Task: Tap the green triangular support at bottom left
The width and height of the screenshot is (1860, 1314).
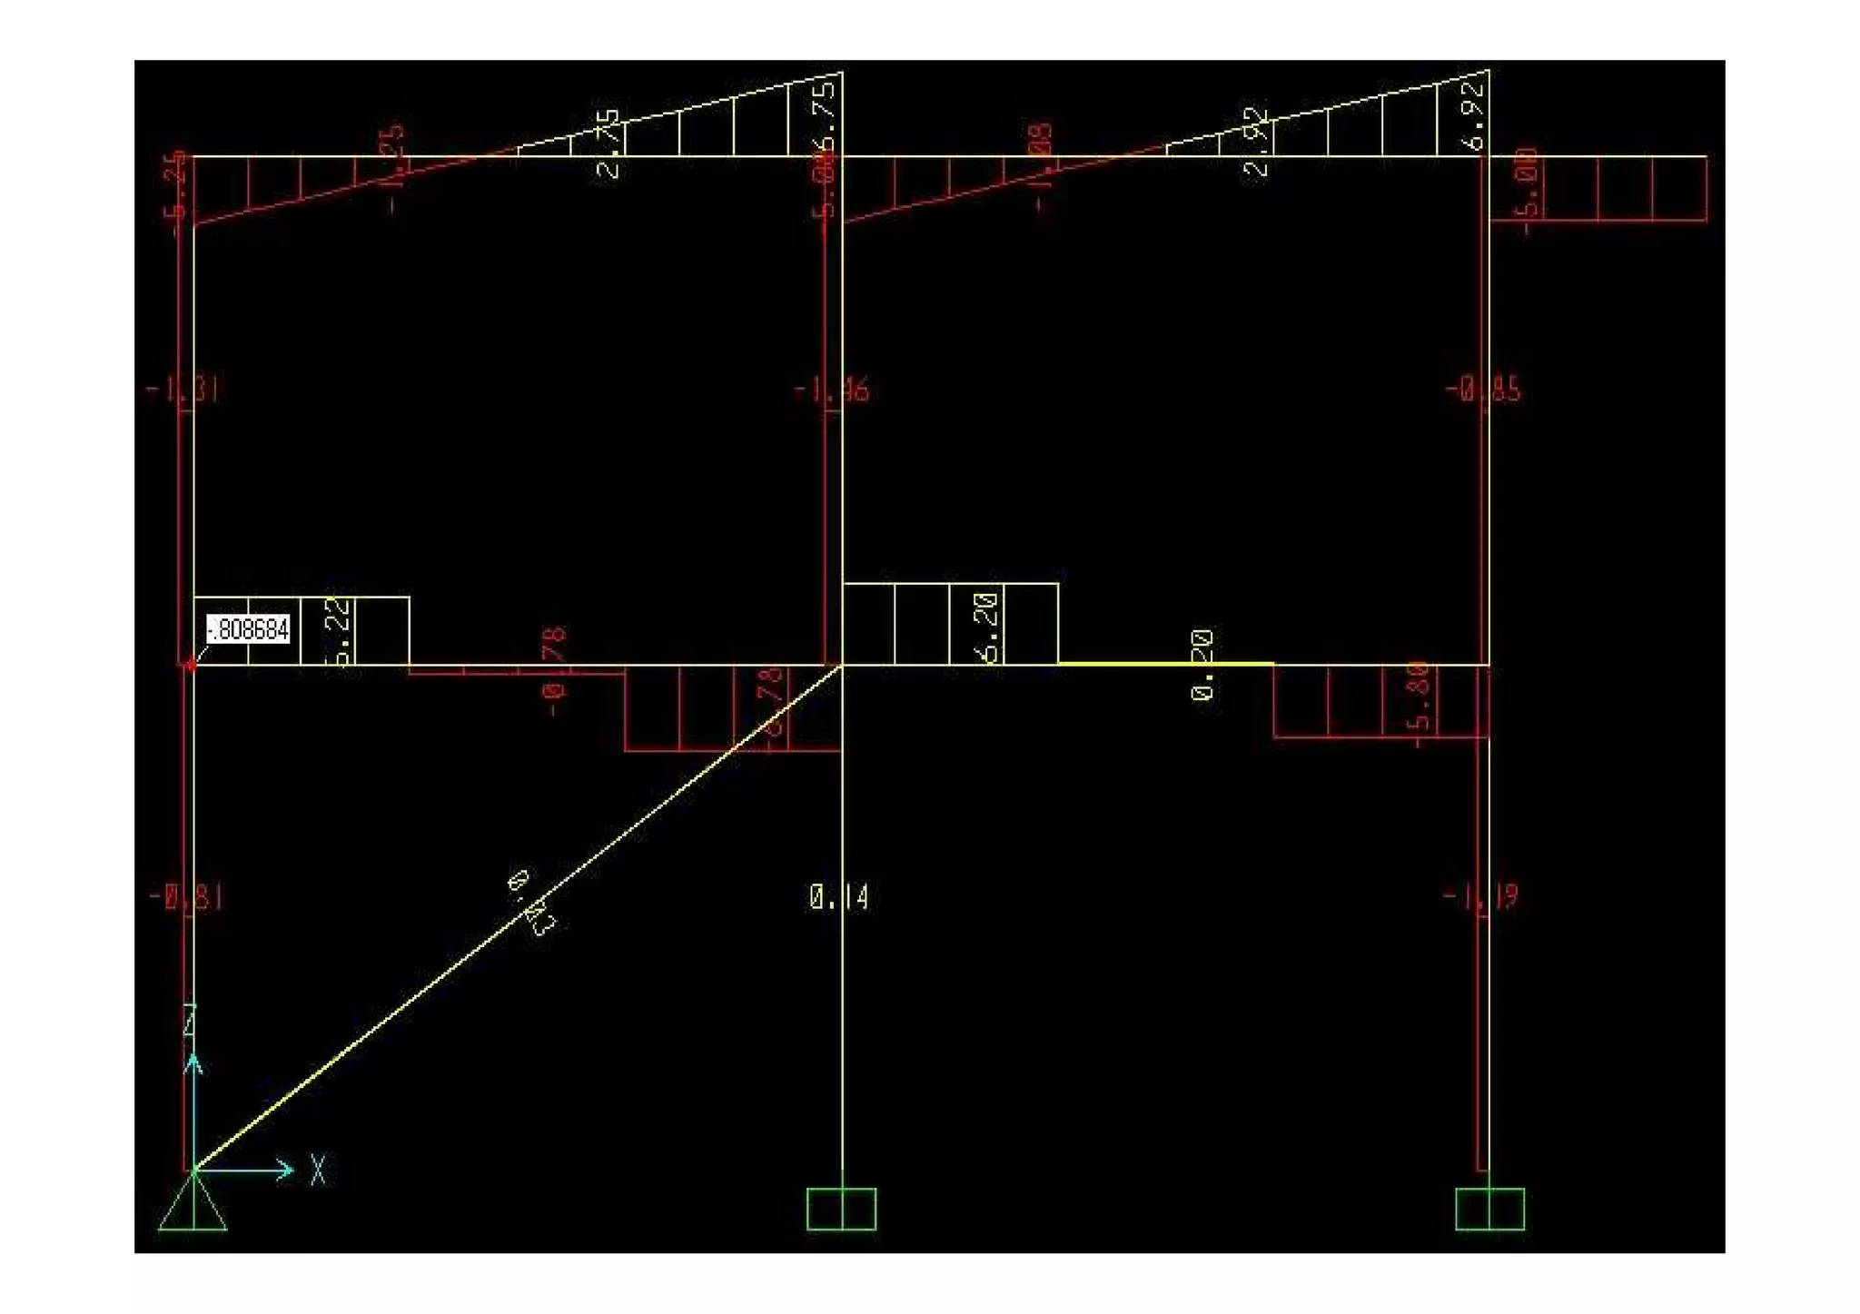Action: (193, 1205)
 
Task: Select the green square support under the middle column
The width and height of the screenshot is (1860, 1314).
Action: (841, 1209)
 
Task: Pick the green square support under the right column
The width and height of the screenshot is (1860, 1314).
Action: (1489, 1209)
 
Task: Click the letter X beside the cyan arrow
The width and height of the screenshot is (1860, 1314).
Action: (318, 1170)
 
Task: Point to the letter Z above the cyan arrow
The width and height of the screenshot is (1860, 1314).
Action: (190, 1021)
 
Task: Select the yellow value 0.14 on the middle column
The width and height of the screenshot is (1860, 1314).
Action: (838, 898)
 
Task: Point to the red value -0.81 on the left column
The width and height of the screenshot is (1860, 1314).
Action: (186, 898)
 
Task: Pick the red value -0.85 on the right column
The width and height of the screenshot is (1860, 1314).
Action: (1483, 390)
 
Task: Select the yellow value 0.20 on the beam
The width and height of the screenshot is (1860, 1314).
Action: (1202, 665)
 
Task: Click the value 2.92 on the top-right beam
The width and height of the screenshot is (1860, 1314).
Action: (1257, 143)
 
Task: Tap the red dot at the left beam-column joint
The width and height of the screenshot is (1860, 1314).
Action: (191, 666)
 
